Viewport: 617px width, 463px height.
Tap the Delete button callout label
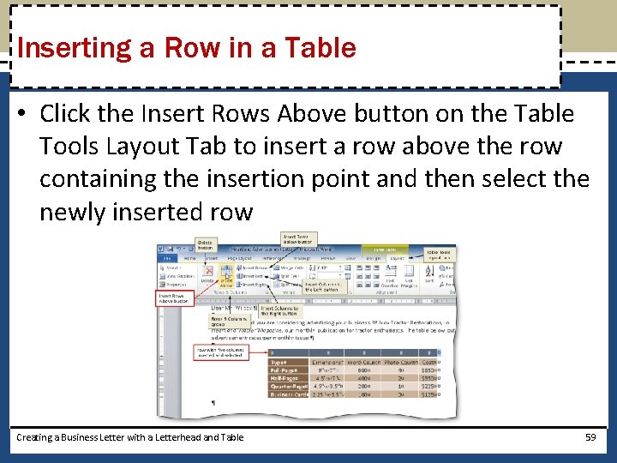coord(207,245)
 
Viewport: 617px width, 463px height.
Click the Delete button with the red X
coord(207,274)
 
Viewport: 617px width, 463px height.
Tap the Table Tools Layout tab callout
coord(439,254)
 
